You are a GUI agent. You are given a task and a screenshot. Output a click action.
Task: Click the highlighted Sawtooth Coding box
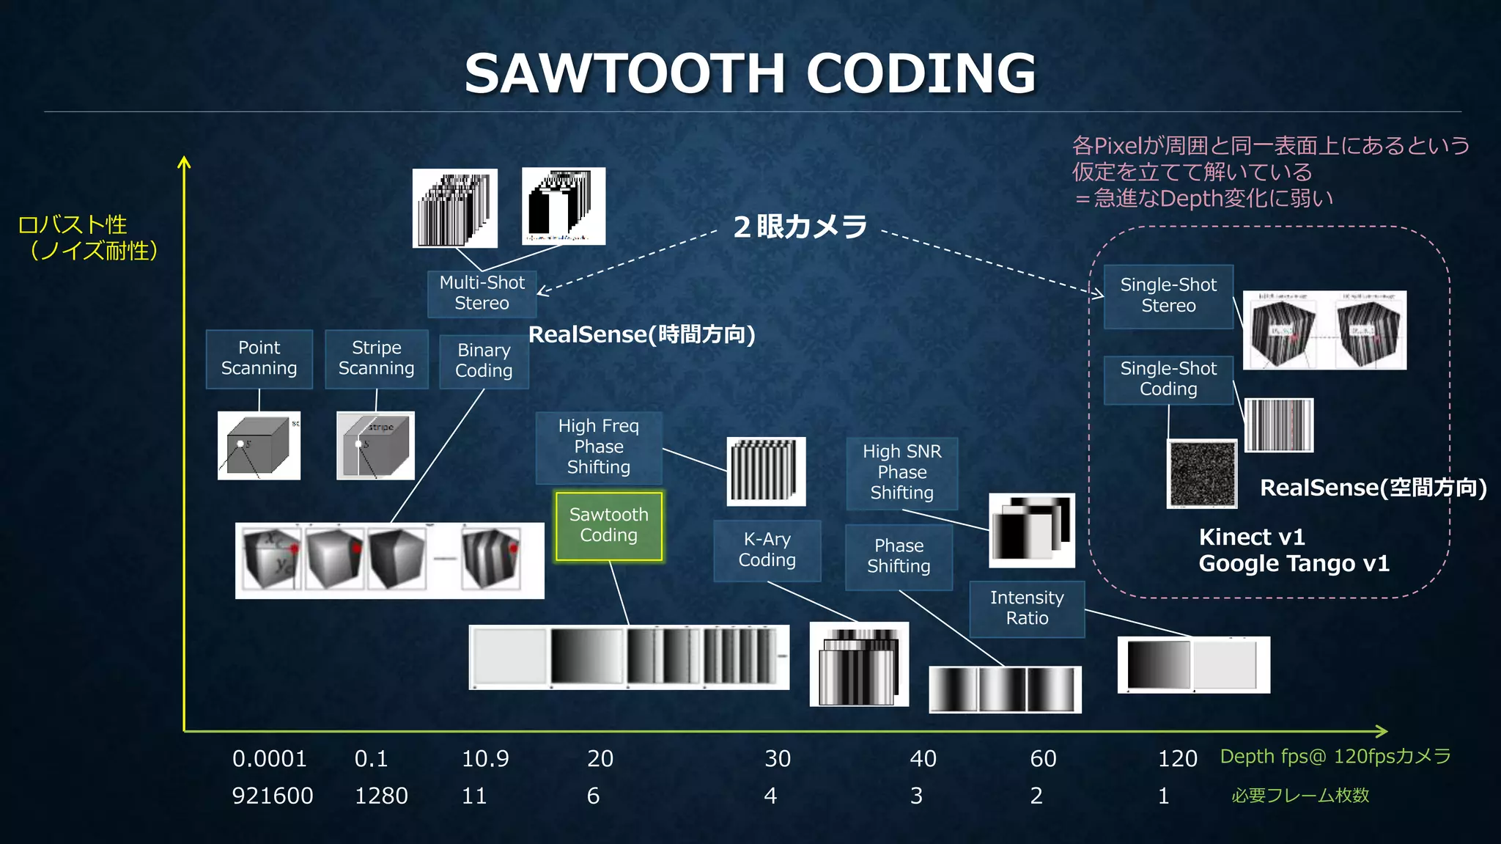(608, 526)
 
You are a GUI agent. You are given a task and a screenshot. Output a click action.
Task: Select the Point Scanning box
(259, 359)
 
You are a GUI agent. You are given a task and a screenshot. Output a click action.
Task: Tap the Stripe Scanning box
(376, 359)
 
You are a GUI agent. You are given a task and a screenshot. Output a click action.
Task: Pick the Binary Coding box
(484, 361)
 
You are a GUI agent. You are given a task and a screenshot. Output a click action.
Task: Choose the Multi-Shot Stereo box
(482, 293)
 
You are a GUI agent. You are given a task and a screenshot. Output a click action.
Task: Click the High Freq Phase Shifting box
(598, 447)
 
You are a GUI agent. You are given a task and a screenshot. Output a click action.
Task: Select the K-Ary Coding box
(767, 551)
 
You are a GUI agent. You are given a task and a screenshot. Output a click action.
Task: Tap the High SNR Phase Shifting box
(901, 473)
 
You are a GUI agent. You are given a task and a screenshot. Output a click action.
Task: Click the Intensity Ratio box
(1027, 609)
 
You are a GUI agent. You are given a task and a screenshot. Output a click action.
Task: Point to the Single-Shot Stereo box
(1168, 296)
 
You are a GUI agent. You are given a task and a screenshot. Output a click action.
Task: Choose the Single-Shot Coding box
(1168, 379)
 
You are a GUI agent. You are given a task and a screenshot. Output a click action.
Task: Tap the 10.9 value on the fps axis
(484, 759)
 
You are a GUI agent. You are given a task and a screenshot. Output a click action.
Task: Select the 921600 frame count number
(272, 796)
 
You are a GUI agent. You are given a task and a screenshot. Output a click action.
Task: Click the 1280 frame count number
(381, 796)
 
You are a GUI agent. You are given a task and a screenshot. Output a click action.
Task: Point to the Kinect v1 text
(1252, 537)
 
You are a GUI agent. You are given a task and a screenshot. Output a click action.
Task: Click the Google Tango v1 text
(1294, 564)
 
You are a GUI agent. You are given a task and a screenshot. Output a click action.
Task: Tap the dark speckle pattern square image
(1202, 474)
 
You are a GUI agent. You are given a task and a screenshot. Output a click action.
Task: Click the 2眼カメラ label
(800, 227)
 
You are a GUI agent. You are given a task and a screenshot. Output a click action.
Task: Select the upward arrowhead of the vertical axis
(184, 162)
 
